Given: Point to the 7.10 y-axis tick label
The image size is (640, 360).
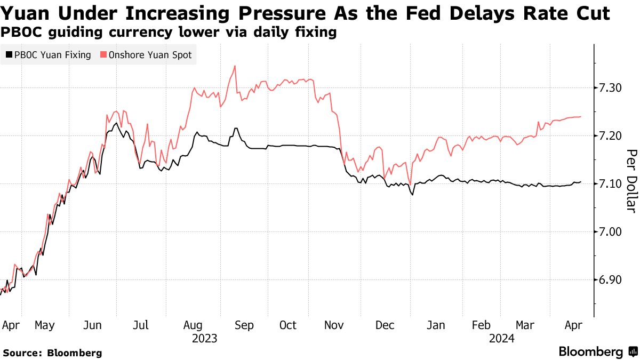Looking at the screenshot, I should pos(610,183).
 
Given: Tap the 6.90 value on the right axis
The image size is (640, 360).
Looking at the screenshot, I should pos(610,279).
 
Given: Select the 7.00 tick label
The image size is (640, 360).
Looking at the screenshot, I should pos(610,231).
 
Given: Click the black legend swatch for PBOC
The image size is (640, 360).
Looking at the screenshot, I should pos(9,54).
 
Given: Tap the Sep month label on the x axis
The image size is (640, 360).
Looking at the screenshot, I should pos(244,325).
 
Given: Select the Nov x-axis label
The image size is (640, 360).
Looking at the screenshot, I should pos(334,325).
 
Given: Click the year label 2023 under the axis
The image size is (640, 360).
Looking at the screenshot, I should pos(205,338).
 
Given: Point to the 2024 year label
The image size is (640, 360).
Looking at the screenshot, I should pos(501,338).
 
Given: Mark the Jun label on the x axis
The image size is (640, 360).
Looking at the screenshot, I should pos(94,325).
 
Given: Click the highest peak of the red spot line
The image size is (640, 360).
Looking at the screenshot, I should pos(235,66).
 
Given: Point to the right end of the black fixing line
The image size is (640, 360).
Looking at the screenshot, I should pos(580,182).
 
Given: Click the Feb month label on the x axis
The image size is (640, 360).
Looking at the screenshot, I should pos(481,325).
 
